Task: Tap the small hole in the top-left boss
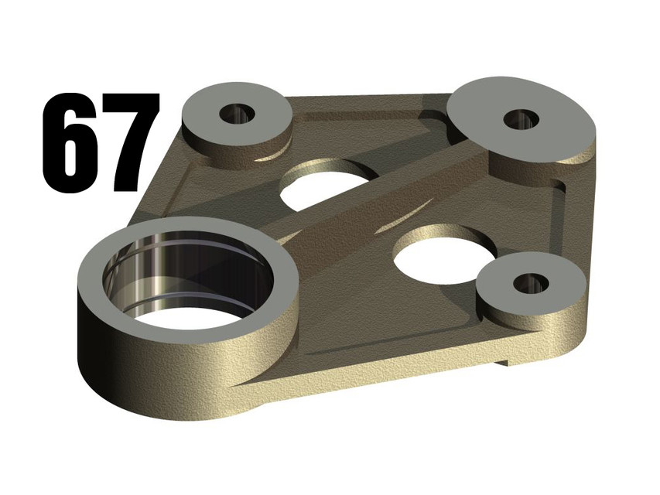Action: pos(237,114)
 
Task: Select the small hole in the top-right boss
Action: pos(521,118)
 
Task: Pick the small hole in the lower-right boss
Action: pos(531,283)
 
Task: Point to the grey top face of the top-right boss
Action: pos(480,108)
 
